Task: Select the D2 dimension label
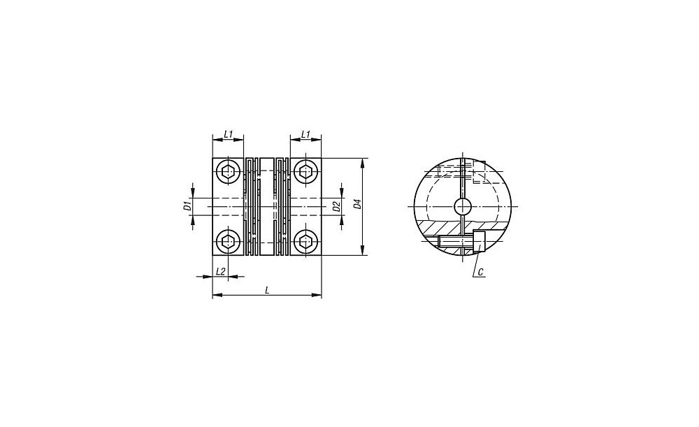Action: coord(337,206)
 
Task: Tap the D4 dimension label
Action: coord(356,205)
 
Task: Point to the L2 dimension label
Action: coord(220,271)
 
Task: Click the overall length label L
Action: coord(266,290)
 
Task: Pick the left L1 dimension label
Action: coord(229,133)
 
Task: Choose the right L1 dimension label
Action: coord(306,133)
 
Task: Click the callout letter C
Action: coord(480,271)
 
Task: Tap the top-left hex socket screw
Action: coord(229,171)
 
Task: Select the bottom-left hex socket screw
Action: coord(229,242)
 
